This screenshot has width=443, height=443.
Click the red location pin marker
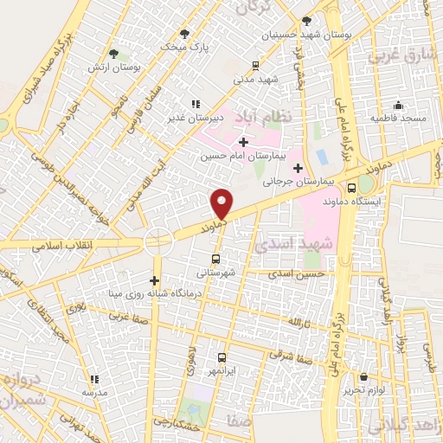coord(222,203)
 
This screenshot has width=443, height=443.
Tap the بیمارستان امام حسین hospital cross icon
coord(243,142)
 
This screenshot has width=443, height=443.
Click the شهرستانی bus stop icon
coord(215,258)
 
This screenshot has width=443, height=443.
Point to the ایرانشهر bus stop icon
coord(221,356)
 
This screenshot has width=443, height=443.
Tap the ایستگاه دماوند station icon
coord(351,187)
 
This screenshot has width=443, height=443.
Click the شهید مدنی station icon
coord(254,65)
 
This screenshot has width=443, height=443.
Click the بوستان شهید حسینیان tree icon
coord(307,21)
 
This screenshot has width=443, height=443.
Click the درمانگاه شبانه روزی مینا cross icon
coord(154,280)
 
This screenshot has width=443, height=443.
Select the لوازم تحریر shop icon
coord(363,377)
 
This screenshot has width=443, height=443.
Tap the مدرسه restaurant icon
coord(94,378)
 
